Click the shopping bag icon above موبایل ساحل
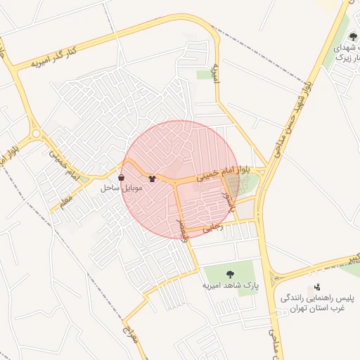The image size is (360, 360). [x=123, y=178]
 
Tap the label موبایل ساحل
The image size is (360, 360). [x=122, y=188]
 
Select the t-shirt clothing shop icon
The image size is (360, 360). [x=152, y=179]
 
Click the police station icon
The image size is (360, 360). [x=318, y=287]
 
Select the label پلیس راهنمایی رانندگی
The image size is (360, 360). [x=313, y=298]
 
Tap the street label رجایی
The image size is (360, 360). [x=212, y=227]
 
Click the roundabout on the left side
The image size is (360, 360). [x=35, y=133]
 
